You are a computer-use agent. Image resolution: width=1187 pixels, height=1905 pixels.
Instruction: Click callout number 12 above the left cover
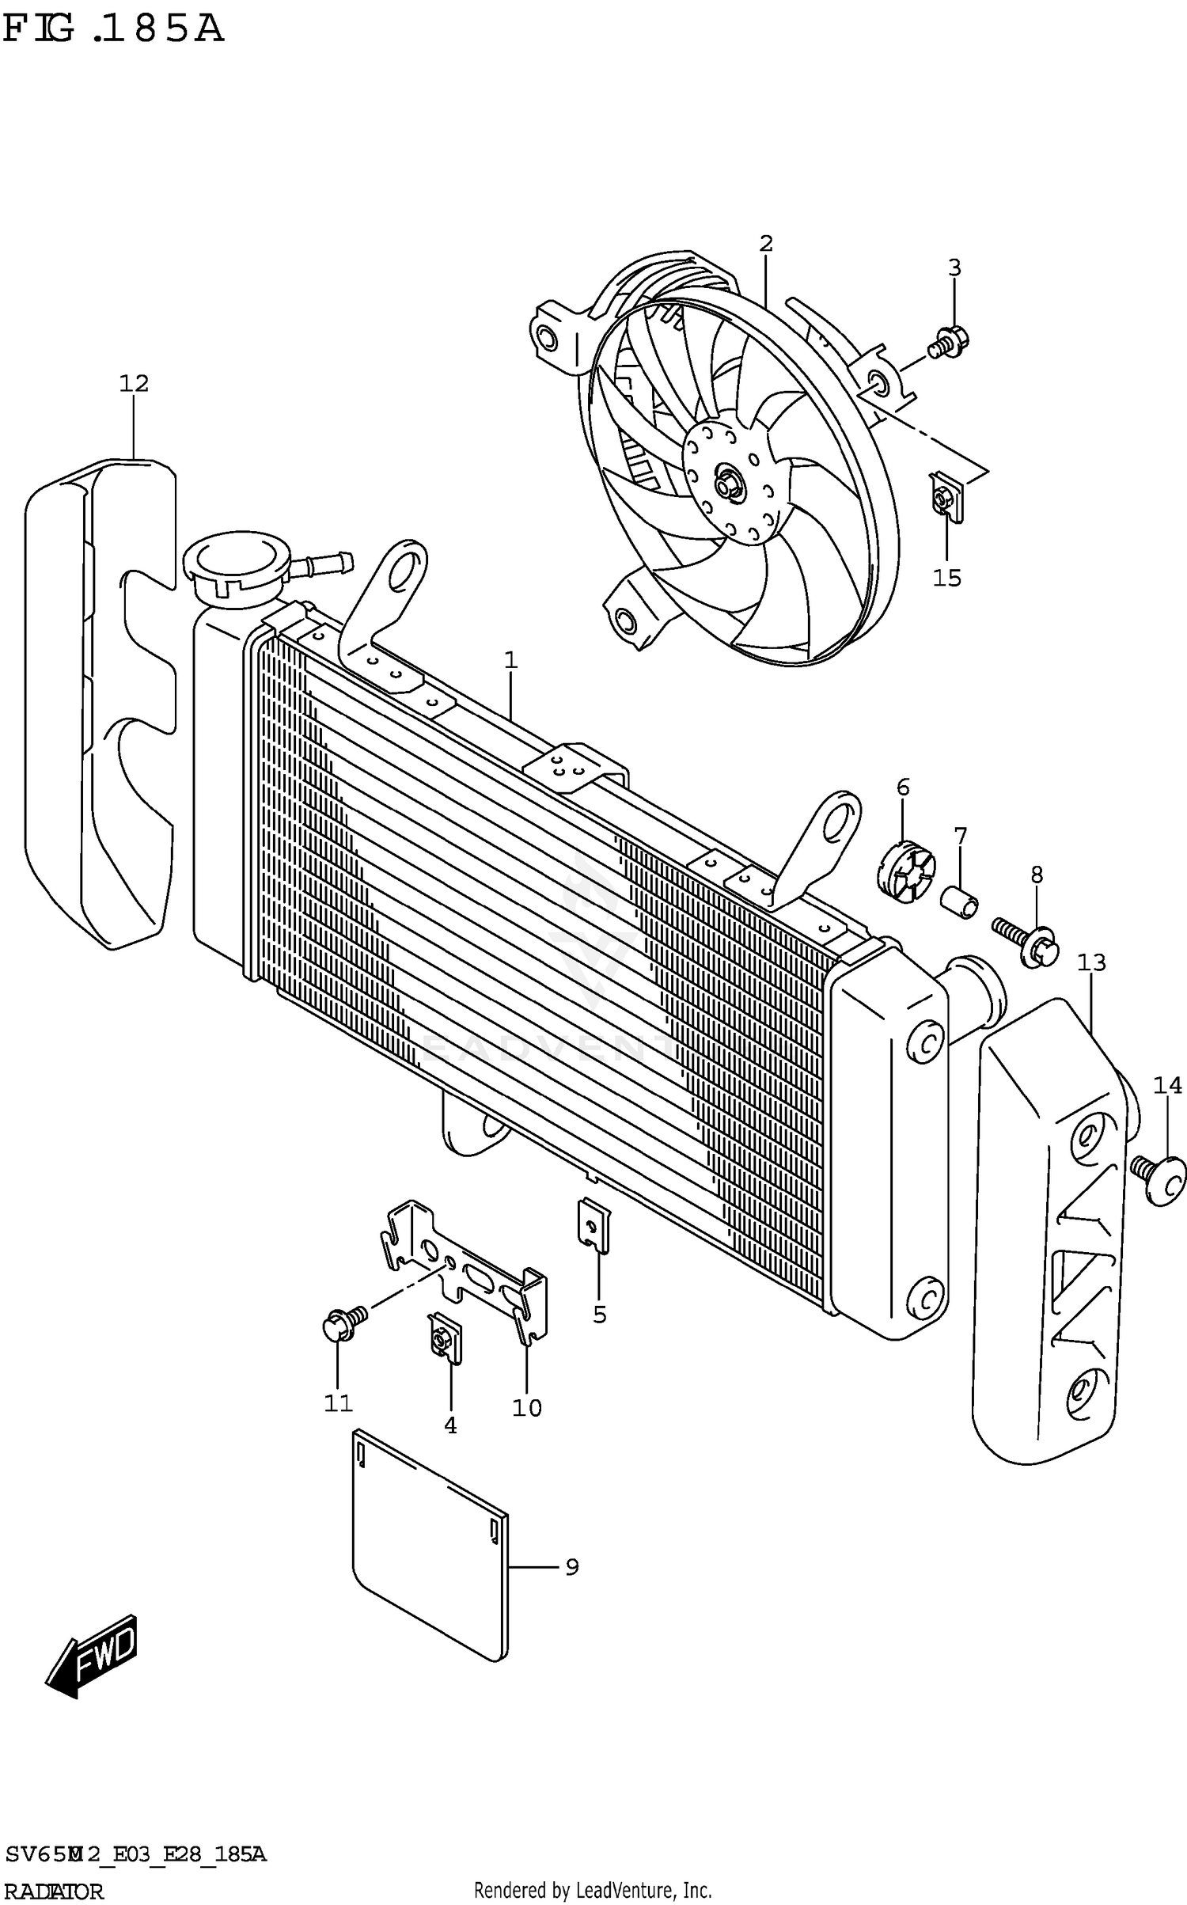134,384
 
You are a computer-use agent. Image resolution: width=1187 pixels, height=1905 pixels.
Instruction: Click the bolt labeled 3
950,341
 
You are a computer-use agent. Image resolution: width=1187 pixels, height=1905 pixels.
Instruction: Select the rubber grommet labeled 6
905,872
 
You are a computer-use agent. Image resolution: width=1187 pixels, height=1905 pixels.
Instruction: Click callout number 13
1091,962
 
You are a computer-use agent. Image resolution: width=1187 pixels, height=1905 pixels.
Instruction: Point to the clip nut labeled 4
445,1342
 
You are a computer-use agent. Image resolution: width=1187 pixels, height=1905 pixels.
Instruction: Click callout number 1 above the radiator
511,659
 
